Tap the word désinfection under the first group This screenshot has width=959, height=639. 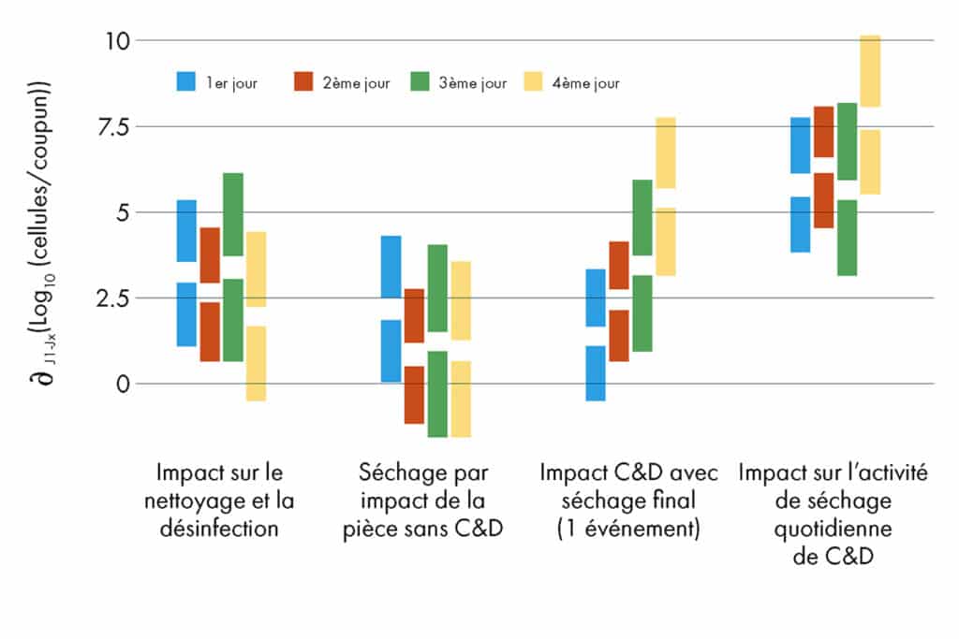pyautogui.click(x=219, y=529)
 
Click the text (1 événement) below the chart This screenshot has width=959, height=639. pyautogui.click(x=628, y=529)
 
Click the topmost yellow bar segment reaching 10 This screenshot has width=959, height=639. pyautogui.click(x=870, y=71)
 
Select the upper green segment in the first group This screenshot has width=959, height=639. pyautogui.click(x=233, y=214)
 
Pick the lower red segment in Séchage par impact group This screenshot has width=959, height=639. pyautogui.click(x=414, y=394)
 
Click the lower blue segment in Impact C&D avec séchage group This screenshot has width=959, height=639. pyautogui.click(x=596, y=373)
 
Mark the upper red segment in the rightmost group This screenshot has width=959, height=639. pyautogui.click(x=823, y=132)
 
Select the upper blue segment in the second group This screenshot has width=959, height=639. pyautogui.click(x=391, y=267)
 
